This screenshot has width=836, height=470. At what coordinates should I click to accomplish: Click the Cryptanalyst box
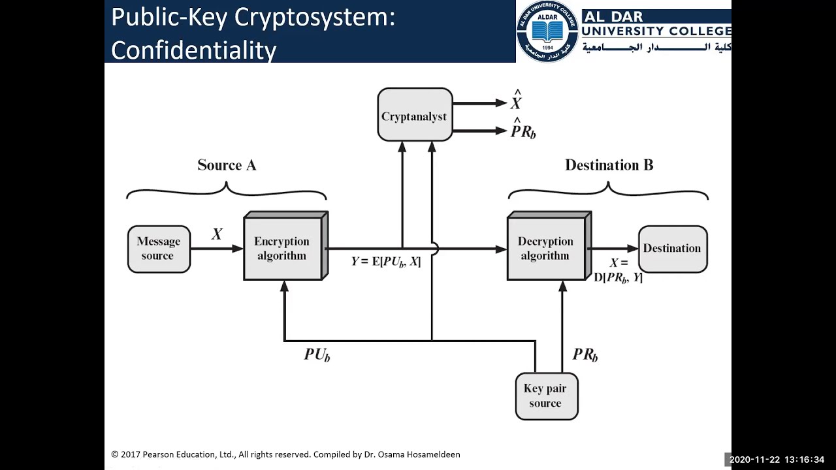click(415, 116)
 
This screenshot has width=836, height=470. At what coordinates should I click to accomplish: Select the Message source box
click(159, 249)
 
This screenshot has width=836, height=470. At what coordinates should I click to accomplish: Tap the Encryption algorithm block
click(282, 249)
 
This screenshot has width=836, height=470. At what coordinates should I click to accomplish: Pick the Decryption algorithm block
click(546, 249)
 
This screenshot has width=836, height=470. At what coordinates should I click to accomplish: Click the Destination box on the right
click(672, 249)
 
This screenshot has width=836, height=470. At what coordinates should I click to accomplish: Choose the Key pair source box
click(546, 396)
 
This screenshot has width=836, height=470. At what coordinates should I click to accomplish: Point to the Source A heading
click(227, 165)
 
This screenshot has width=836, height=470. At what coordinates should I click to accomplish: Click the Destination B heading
click(609, 165)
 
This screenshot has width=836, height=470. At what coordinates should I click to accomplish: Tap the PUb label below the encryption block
click(317, 354)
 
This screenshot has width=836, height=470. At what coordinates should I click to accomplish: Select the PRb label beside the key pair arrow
click(585, 354)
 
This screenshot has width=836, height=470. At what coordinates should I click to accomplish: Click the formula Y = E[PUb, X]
click(386, 262)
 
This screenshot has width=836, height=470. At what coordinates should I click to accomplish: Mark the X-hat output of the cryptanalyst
click(516, 102)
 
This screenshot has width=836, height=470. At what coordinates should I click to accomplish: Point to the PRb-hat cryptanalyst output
click(523, 131)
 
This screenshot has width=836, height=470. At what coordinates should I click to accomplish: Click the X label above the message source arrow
click(217, 234)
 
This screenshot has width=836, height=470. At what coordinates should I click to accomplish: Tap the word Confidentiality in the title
click(194, 49)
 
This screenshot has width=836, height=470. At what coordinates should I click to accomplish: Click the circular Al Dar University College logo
click(547, 31)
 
